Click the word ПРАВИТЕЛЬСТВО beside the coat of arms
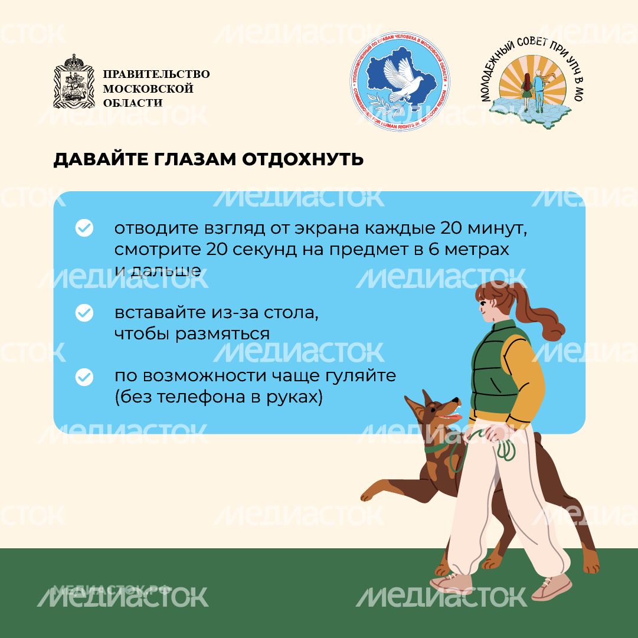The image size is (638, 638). [x=156, y=74]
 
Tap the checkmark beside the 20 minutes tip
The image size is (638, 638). [x=84, y=228]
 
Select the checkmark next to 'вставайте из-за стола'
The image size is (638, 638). [x=84, y=313]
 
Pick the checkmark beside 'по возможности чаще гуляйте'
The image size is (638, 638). [x=84, y=377]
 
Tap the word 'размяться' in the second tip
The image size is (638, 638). [x=224, y=333]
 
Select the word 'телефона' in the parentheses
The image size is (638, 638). [x=202, y=397]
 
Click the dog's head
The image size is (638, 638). [x=434, y=413]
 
